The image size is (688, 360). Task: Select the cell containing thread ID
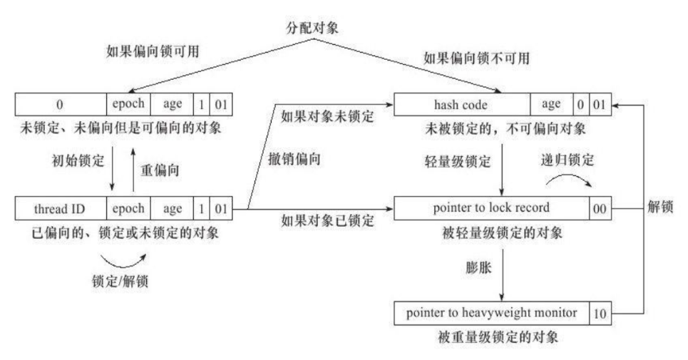coord(61,209)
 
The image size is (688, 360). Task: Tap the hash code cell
coord(461,104)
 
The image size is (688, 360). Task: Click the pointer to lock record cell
coord(491,209)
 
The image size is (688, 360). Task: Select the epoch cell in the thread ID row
coord(128,209)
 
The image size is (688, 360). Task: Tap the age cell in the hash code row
coord(551,104)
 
